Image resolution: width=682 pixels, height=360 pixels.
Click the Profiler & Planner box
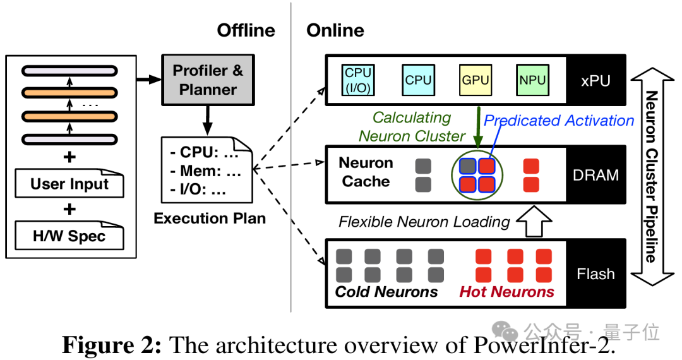click(208, 80)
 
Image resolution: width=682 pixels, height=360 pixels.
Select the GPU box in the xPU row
click(475, 80)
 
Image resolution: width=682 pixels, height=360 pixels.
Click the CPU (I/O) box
click(358, 80)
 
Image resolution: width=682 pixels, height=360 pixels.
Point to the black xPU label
click(595, 80)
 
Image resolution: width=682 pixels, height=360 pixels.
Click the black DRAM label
click(595, 174)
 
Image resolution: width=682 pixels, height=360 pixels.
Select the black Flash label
click(595, 273)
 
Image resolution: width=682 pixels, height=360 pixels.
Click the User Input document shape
click(69, 184)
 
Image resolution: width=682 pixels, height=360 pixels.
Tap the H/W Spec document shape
click(69, 236)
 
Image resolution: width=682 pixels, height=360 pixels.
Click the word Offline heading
click(246, 30)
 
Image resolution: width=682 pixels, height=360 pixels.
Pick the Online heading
click(335, 30)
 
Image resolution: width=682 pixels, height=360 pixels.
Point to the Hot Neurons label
click(506, 292)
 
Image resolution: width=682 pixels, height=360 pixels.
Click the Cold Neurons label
click(386, 292)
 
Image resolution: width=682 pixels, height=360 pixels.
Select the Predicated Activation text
click(559, 121)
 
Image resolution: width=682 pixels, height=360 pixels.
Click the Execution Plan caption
click(210, 219)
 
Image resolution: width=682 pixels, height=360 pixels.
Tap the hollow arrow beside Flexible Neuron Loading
click(534, 221)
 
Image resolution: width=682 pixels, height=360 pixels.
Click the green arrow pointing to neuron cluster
click(479, 128)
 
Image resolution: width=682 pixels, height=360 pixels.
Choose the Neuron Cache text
click(366, 172)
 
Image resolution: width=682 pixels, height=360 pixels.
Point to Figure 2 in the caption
click(112, 345)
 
